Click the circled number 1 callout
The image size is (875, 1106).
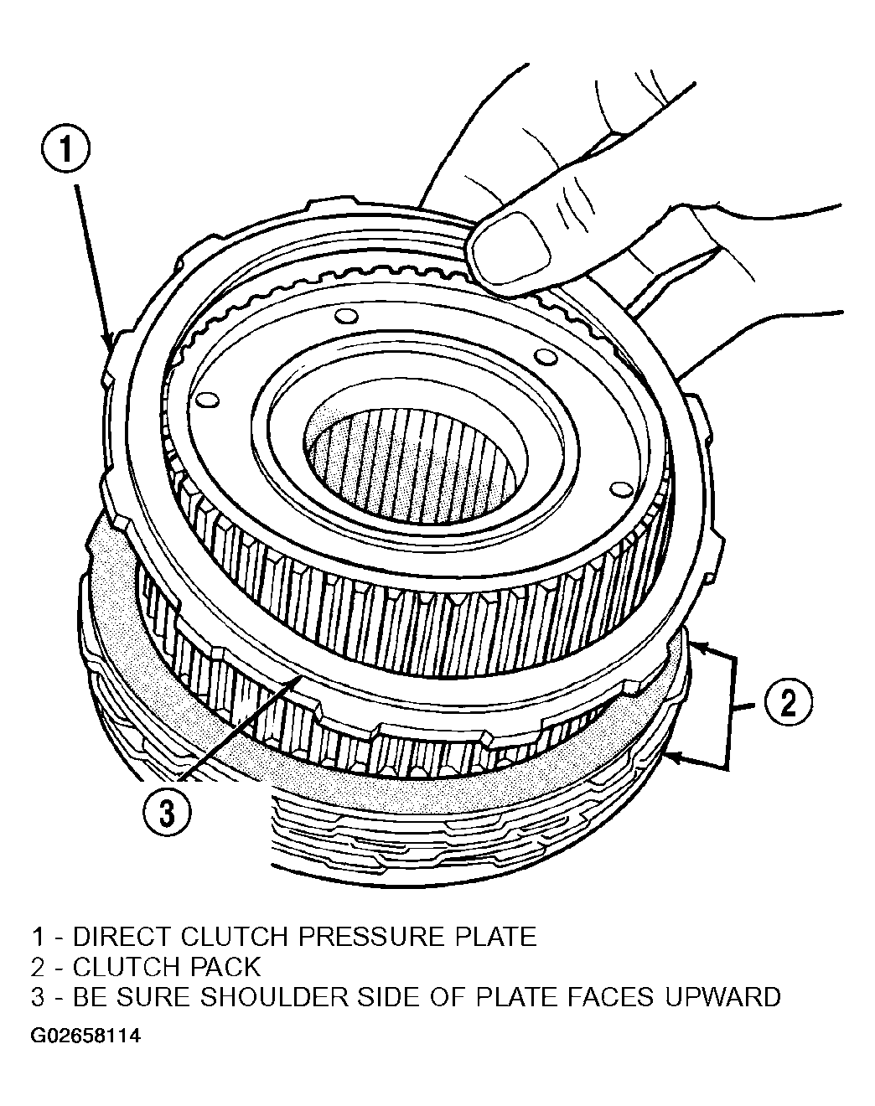click(x=65, y=148)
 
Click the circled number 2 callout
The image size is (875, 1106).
click(x=788, y=702)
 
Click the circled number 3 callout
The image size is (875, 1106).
click(x=167, y=813)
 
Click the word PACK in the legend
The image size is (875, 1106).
click(x=225, y=967)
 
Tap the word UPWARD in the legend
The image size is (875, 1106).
click(x=722, y=997)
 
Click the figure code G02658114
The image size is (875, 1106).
click(x=85, y=1036)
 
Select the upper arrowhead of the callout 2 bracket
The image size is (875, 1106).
click(x=697, y=645)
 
